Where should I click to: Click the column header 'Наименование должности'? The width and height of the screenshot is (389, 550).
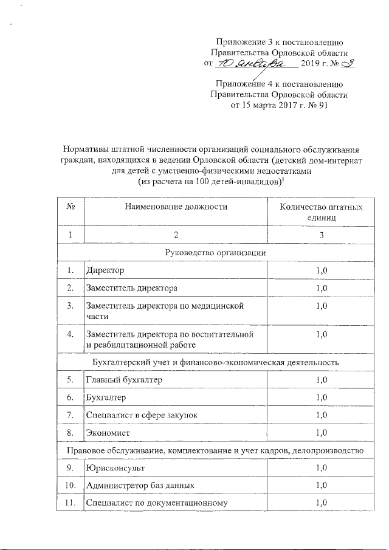pos(176,207)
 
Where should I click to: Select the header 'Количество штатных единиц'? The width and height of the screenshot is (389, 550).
pos(321,211)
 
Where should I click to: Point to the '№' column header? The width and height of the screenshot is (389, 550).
pos(71,207)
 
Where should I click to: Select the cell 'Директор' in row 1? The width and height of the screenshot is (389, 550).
pos(104,269)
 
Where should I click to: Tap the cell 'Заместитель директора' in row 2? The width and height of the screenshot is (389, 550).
pos(131,287)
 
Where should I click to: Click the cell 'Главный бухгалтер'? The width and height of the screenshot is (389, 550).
pos(124,380)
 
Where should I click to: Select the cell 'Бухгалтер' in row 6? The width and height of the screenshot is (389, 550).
pos(106,397)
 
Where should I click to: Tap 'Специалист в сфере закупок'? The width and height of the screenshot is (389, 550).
pos(142,414)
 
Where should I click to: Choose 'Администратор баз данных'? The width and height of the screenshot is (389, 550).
pos(140,486)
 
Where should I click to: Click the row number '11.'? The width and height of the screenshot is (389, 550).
pos(71,503)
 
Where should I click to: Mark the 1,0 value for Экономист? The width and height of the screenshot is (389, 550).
pos(322,433)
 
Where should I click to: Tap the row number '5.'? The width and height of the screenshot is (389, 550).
pos(71,380)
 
